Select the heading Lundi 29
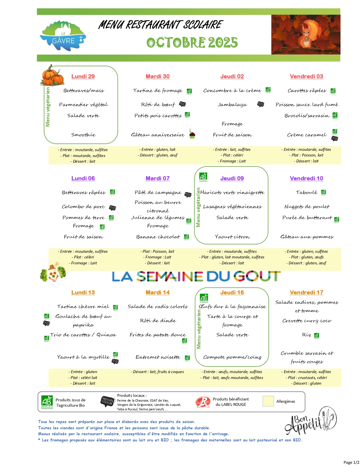coord(83,76)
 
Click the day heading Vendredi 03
coord(306,76)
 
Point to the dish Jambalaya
coord(232,104)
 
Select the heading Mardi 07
coord(158,178)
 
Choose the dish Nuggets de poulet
coord(307,206)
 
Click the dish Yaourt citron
coord(232,237)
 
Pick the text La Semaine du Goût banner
coord(196,276)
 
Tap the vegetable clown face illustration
coord(53,272)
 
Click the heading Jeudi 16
coord(232,292)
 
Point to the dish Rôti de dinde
coord(158,321)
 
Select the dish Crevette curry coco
coord(307,321)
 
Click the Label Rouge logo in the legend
coord(203,402)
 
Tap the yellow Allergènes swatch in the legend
coord(268,401)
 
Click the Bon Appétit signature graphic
coord(310,421)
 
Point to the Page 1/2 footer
coord(351,462)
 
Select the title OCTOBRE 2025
coord(192,42)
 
